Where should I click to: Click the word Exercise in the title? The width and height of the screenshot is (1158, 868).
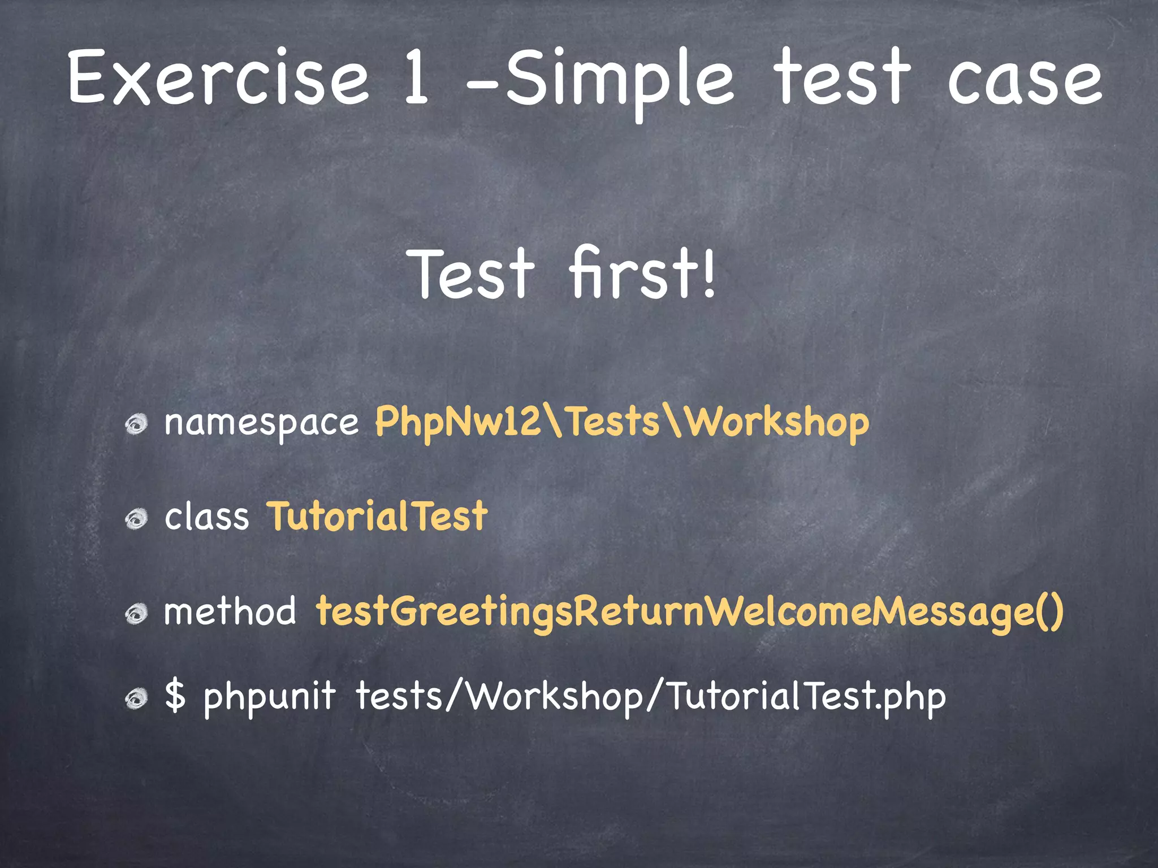tap(218, 77)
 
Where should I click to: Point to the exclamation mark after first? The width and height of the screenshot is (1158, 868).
tap(708, 274)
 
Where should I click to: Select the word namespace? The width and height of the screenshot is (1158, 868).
tap(261, 423)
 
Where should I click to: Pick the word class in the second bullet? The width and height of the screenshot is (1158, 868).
tap(206, 517)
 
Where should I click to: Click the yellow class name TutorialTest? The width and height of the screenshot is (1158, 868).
tap(377, 517)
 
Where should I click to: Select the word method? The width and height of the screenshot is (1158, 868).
tap(230, 611)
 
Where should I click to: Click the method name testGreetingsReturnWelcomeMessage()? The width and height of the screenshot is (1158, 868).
tap(690, 613)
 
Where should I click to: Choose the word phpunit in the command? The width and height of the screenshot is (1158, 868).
tap(270, 697)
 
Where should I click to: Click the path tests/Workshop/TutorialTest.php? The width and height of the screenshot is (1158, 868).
tap(650, 697)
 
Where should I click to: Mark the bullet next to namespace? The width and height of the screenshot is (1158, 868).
tap(136, 424)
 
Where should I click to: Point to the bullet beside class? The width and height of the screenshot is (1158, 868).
tap(136, 518)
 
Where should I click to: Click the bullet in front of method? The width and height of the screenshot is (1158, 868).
tap(136, 613)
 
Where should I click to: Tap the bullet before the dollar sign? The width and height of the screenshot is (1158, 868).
tap(136, 698)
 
